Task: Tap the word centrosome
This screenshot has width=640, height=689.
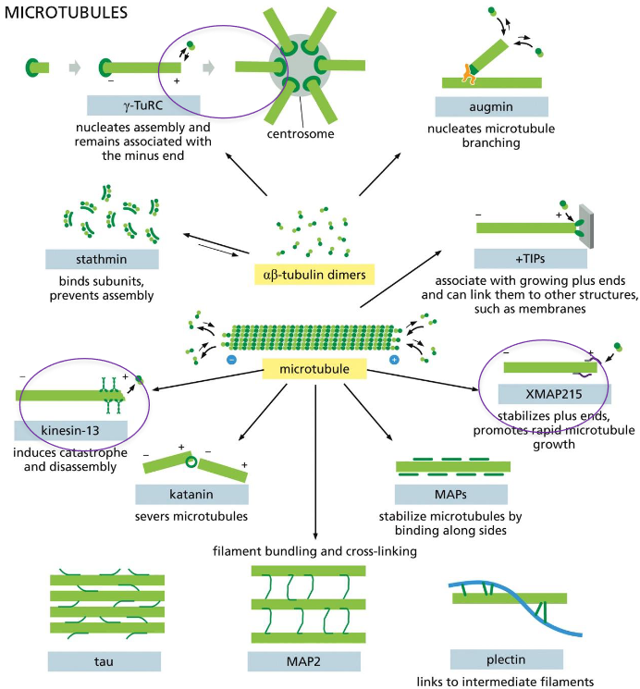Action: tap(302, 133)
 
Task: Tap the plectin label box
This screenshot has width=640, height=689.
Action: tap(506, 658)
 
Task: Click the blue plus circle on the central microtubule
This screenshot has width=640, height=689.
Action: tap(395, 357)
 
